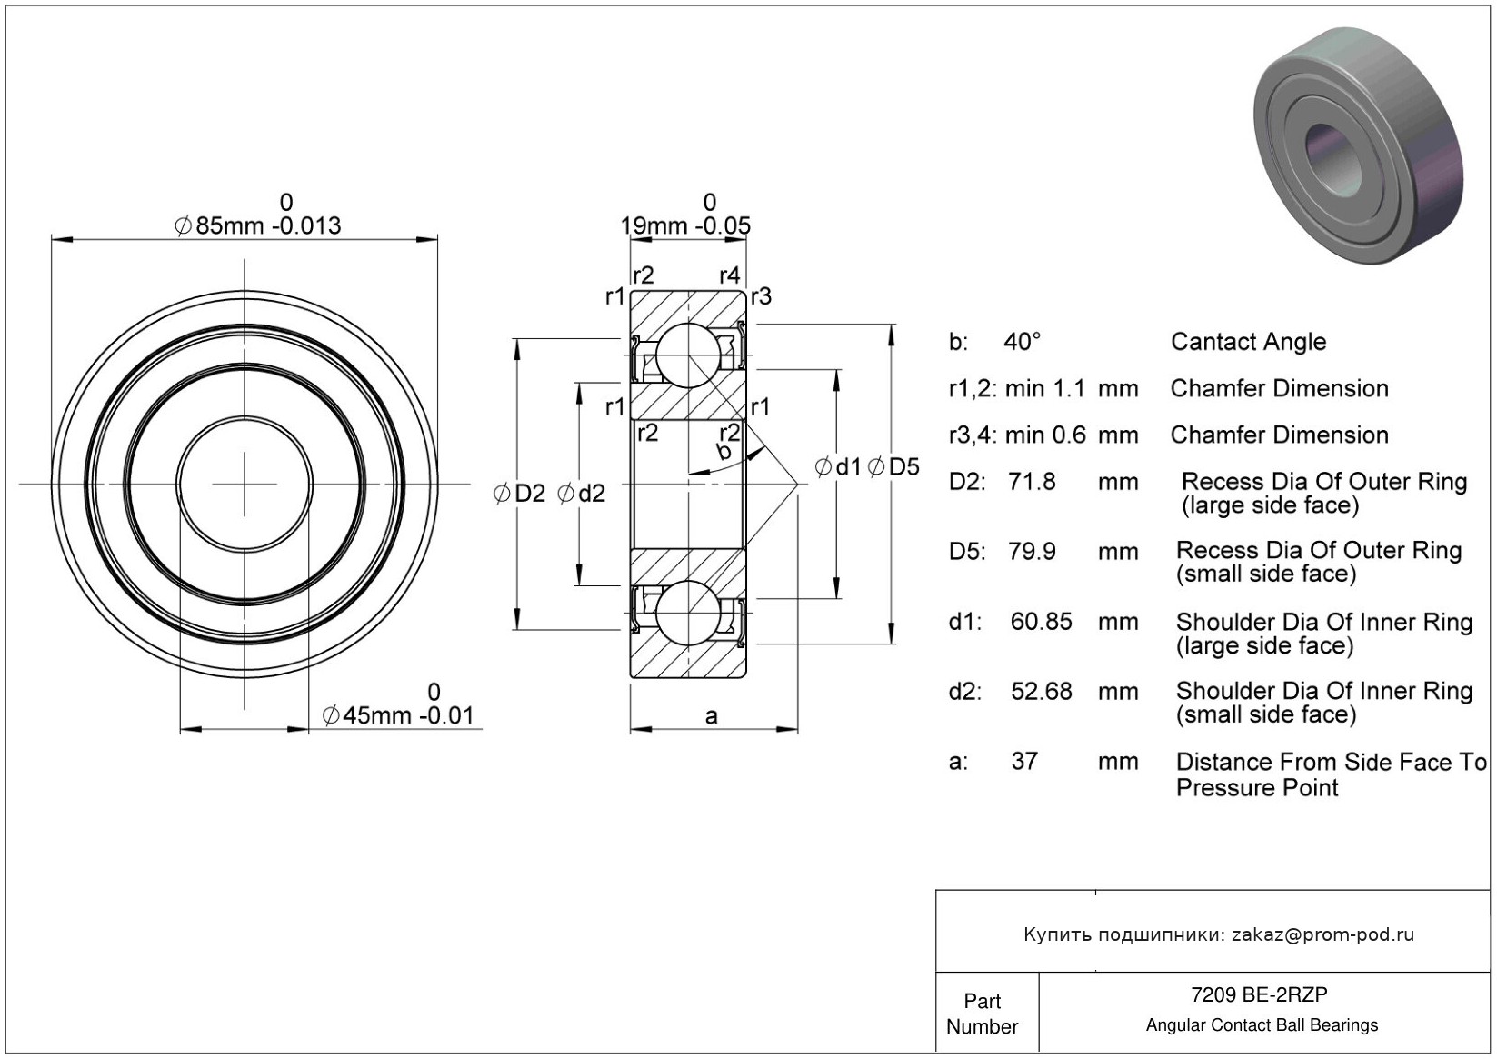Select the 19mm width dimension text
coord(686,225)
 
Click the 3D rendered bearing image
coord(1359,145)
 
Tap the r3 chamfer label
coord(761,295)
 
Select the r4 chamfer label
coord(729,275)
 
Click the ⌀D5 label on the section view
coord(893,467)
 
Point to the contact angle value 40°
coord(1023,342)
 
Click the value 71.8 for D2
coord(1032,481)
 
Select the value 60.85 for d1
coord(1041,622)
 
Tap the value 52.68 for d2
coord(1042,692)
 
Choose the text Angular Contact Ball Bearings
coord(1262,1025)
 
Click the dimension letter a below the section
coord(711,716)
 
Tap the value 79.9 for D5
coord(1032,551)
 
